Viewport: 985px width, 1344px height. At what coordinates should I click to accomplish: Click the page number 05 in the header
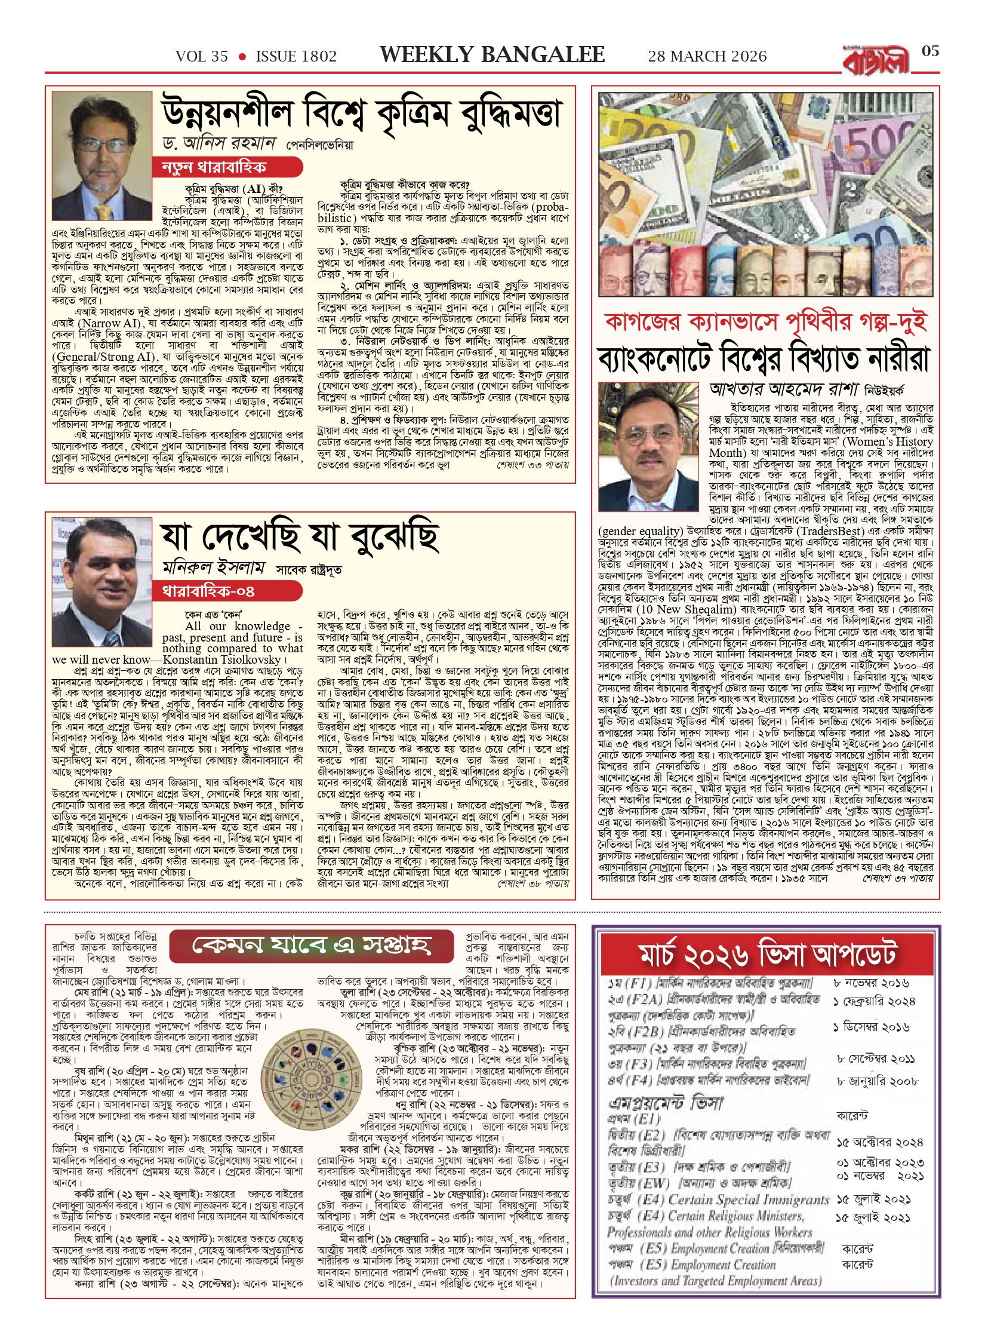[x=930, y=51]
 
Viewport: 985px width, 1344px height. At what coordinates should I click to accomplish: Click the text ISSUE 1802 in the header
[x=296, y=57]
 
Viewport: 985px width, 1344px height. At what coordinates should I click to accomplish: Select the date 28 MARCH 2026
[x=707, y=57]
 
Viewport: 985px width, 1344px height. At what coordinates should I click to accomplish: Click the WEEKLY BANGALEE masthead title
[x=492, y=55]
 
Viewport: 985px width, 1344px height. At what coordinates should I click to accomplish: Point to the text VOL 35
[x=202, y=57]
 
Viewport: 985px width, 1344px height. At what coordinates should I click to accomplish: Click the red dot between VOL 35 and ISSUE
[x=242, y=57]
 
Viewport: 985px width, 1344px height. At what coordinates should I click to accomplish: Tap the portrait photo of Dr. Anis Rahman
[x=101, y=156]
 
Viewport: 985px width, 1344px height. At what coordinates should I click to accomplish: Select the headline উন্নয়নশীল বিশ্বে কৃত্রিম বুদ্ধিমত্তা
[x=362, y=113]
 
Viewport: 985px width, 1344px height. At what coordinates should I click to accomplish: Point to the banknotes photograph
[x=765, y=194]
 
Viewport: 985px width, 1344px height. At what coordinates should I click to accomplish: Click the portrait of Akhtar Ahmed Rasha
[x=648, y=447]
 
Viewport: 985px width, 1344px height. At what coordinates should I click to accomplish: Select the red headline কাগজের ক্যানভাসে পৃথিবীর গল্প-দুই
[x=765, y=322]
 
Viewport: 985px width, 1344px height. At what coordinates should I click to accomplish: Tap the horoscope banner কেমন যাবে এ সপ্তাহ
[x=312, y=944]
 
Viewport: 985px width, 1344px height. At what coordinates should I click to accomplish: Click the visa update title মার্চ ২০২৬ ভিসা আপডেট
[x=767, y=954]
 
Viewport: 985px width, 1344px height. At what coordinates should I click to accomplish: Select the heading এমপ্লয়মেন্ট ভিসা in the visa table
[x=665, y=1103]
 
